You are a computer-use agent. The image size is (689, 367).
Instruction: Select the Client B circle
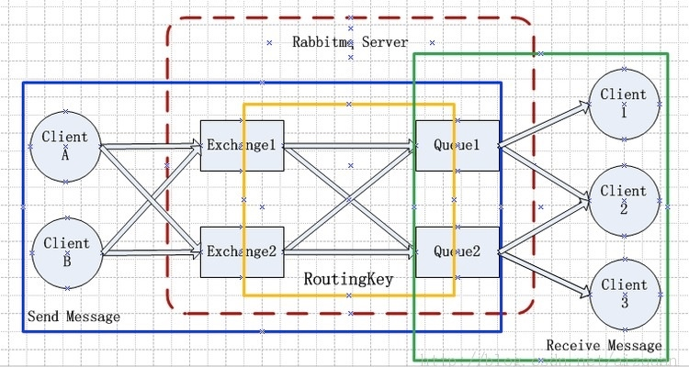(x=65, y=250)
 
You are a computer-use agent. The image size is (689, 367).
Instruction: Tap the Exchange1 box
(x=241, y=145)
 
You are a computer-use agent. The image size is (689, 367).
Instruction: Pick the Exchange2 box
(x=241, y=251)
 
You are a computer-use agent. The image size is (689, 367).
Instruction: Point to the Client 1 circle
(x=624, y=101)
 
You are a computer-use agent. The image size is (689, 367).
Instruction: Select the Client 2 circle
(x=624, y=197)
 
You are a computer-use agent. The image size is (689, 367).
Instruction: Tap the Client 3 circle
(x=624, y=292)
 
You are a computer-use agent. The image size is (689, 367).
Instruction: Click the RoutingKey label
(x=348, y=279)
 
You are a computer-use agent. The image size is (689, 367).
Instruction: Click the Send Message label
(x=73, y=317)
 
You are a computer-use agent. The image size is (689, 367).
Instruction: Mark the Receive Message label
(x=604, y=345)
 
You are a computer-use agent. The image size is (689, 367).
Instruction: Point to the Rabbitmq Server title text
(x=350, y=42)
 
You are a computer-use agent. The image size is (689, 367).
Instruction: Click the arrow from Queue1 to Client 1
(x=547, y=124)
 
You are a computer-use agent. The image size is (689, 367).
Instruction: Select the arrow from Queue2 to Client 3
(x=547, y=271)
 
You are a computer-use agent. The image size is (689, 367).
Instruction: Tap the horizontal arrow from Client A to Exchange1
(x=147, y=145)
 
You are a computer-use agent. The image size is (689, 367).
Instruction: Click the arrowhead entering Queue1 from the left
(x=409, y=145)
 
